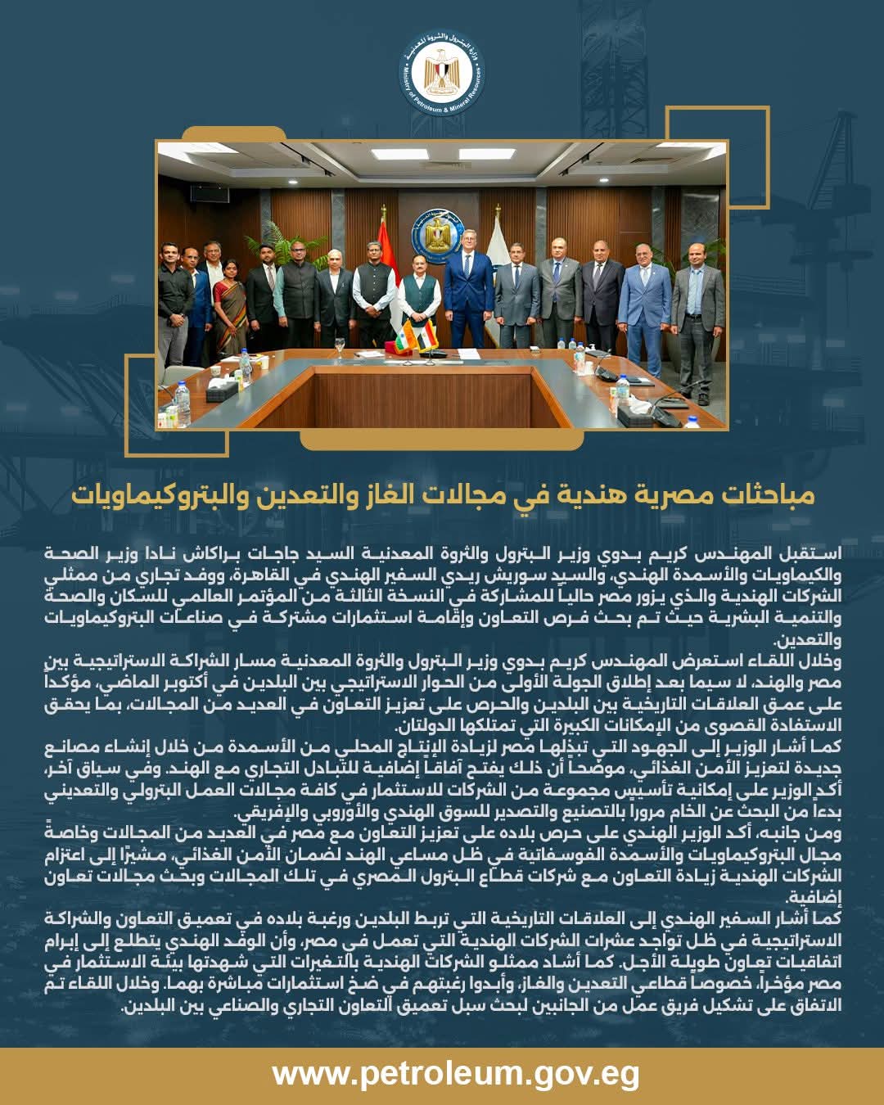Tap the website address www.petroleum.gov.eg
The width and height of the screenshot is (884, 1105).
pyautogui.click(x=455, y=1073)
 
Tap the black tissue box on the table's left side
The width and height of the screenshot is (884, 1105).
pyautogui.click(x=221, y=391)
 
